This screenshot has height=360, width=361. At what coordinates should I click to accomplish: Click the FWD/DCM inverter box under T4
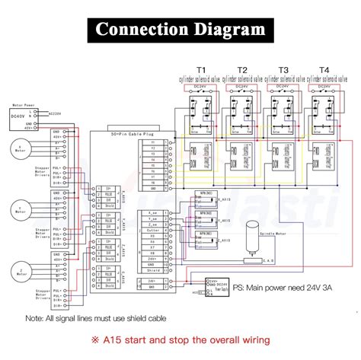coord(319,164)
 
